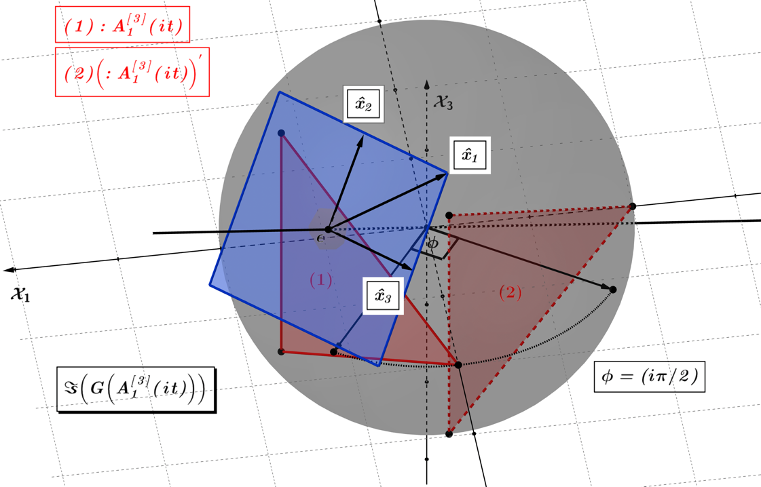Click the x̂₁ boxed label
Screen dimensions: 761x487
470,156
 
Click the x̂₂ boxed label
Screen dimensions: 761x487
363,104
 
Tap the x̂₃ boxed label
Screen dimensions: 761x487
383,296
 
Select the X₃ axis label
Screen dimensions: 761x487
443,102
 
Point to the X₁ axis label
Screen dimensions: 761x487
20,293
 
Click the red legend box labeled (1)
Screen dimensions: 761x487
122,24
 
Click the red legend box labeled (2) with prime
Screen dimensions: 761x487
132,72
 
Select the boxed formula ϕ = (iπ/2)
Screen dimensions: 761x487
650,376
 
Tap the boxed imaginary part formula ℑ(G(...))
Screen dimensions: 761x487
136,389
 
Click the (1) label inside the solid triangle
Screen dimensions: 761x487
321,280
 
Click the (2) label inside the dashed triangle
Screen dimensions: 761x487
511,292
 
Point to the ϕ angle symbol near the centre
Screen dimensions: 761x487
432,243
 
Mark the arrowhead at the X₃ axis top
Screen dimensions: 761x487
426,84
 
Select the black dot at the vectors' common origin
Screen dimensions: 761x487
328,229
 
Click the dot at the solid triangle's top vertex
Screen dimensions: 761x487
281,133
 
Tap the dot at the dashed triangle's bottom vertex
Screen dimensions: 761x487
449,433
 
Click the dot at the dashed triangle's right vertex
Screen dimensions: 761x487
633,207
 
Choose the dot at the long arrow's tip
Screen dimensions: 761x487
612,290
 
